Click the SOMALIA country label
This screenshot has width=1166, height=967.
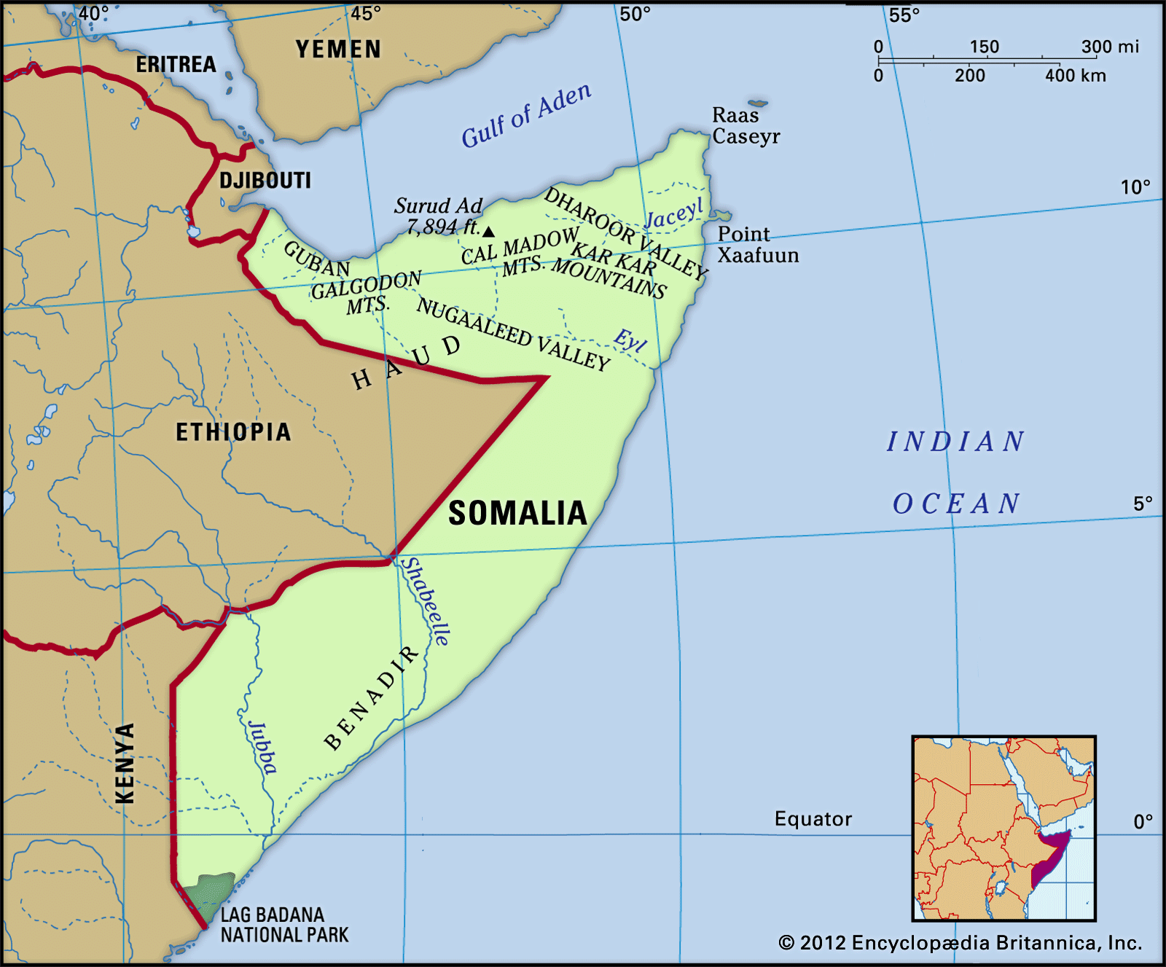517,513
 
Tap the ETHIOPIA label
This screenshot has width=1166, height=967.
233,432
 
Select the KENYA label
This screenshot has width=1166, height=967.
125,763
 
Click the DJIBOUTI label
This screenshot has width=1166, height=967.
265,180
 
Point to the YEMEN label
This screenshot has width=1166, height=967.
338,50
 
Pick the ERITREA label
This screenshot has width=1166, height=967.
176,64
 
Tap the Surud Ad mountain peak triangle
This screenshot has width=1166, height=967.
489,232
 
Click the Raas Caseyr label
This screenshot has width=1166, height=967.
746,125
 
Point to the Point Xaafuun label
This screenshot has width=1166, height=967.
758,244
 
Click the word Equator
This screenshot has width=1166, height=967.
813,819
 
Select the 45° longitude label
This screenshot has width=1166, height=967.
366,14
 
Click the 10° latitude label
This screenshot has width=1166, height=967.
1135,187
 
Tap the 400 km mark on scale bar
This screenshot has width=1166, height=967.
1075,75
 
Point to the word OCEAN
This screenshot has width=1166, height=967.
956,504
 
